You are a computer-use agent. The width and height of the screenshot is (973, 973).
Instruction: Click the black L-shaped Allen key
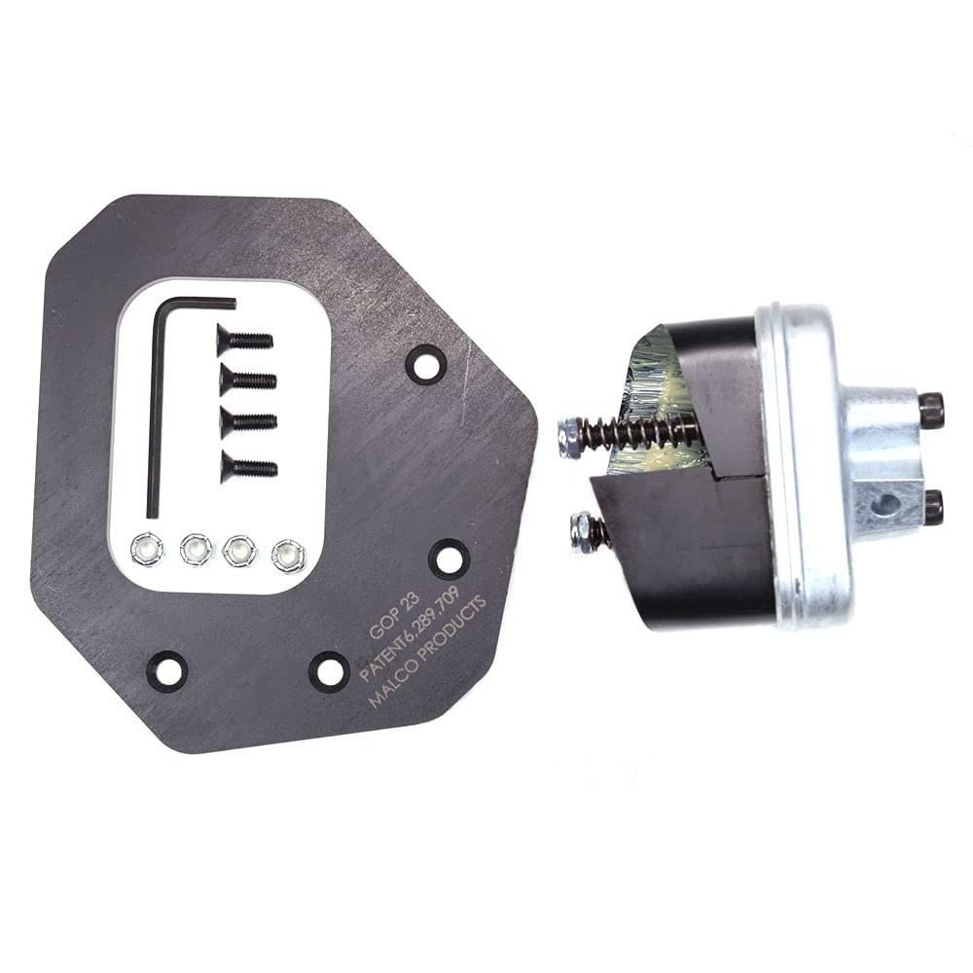pos(154,409)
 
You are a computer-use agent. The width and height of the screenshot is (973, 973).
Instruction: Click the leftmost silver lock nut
pos(147,550)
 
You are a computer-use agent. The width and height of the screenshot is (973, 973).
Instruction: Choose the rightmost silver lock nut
pos(288,555)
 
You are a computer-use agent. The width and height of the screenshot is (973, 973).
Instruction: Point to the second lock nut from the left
pos(196,551)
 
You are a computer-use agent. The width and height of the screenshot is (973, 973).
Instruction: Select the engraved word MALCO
pos(395,689)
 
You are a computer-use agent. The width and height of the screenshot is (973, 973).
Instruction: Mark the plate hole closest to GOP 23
pos(448,558)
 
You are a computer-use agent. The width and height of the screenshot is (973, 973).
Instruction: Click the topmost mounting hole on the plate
pos(425,364)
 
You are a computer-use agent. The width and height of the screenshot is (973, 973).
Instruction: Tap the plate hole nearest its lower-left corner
pos(166,669)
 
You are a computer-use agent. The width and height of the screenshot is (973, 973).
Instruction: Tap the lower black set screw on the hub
pos(932,506)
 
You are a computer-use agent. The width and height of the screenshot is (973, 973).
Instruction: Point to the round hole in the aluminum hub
pos(886,504)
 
